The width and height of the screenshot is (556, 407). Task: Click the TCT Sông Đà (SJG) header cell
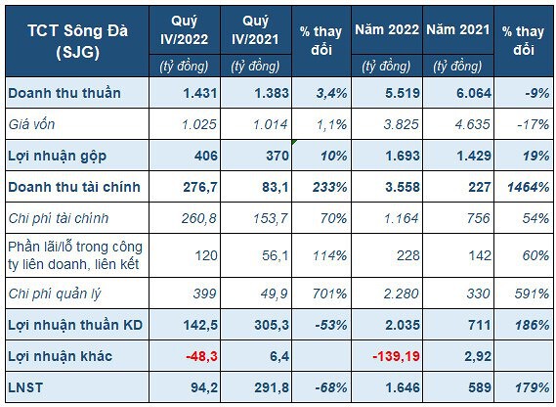coord(77,41)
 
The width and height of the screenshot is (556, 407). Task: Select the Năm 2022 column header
coord(387,29)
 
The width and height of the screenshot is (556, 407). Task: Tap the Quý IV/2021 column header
coord(256,30)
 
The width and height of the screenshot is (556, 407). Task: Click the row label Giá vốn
coord(31,124)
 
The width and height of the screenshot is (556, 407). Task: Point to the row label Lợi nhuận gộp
coord(57,156)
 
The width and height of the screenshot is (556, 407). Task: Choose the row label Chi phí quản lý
coord(55,294)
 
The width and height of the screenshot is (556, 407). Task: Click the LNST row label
coord(25,387)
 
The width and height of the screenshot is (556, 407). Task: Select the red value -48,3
coord(201,356)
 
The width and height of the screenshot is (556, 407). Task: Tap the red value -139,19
coord(396,356)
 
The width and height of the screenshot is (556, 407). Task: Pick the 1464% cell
coord(528,187)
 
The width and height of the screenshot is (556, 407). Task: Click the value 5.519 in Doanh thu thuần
coord(403,93)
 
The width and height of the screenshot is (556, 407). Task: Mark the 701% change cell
coord(329,294)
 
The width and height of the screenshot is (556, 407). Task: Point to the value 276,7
coord(200,187)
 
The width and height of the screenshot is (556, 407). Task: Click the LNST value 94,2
coord(204,387)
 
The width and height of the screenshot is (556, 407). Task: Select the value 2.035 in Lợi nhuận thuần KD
coord(403,325)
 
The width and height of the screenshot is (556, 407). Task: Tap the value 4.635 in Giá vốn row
coord(473,124)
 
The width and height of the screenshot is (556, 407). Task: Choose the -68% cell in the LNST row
coord(331,387)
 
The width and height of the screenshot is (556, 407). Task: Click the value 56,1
coord(276,255)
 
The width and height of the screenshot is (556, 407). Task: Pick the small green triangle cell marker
coord(294,142)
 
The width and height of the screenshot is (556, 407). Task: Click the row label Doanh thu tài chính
coord(74,187)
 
